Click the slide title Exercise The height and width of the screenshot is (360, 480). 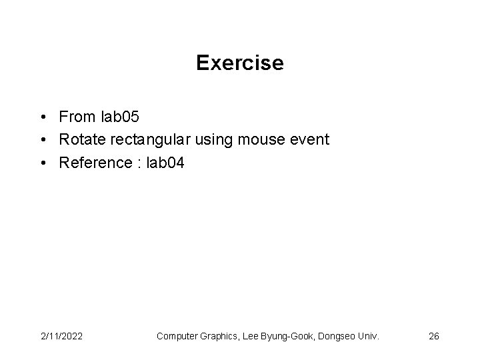pyautogui.click(x=240, y=63)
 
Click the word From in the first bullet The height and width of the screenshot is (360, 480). pyautogui.click(x=77, y=117)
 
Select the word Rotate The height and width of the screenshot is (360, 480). pyautogui.click(x=80, y=139)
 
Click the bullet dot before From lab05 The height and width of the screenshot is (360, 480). pyautogui.click(x=42, y=118)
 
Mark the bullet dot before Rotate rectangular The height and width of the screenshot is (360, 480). pyautogui.click(x=42, y=140)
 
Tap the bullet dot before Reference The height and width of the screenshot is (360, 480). pyautogui.click(x=42, y=162)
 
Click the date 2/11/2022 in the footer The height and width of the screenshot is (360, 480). pyautogui.click(x=61, y=336)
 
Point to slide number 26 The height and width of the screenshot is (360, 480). pyautogui.click(x=433, y=336)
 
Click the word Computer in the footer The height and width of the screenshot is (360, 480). pyautogui.click(x=176, y=336)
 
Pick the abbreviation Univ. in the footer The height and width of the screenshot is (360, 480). pyautogui.click(x=369, y=336)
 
